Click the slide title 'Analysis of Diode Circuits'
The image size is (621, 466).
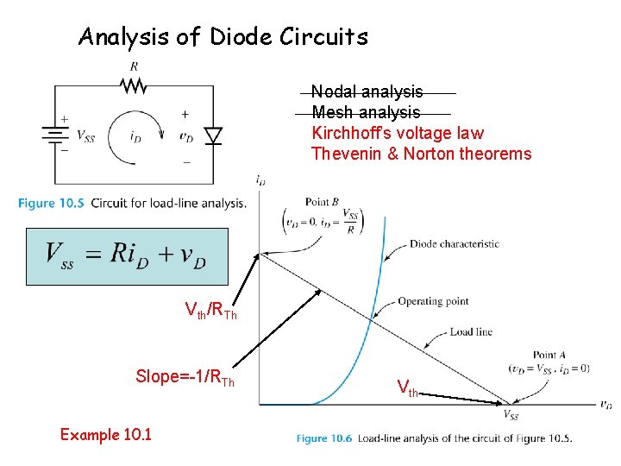tap(223, 37)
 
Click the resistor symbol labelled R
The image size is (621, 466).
tap(134, 85)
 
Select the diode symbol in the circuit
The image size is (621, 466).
tap(212, 135)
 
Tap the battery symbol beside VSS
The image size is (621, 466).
tap(55, 135)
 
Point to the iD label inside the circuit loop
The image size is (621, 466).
tap(135, 136)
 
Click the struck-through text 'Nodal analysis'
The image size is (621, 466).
tap(367, 91)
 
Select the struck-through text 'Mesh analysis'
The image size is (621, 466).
tap(366, 112)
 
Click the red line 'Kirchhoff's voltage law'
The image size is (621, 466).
tap(397, 133)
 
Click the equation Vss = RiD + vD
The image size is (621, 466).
tap(126, 255)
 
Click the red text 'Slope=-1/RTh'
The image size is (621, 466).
tap(185, 377)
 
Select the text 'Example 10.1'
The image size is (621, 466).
tap(105, 434)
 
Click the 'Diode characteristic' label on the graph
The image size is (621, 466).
tap(454, 244)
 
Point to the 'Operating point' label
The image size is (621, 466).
tap(433, 301)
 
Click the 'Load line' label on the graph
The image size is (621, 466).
tap(471, 332)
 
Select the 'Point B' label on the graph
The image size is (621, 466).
tap(322, 201)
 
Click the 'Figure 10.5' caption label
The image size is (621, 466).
tap(50, 204)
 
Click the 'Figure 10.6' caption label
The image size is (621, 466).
tap(325, 438)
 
